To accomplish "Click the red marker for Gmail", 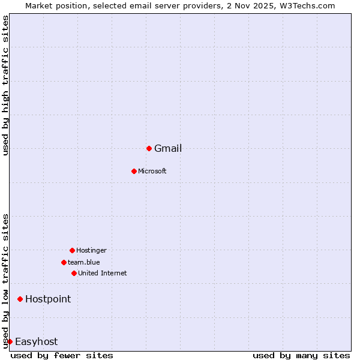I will [x=149, y=148].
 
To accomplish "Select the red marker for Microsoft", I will [x=134, y=171].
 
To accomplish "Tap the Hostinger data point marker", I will [x=72, y=250].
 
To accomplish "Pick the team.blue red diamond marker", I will [x=64, y=262].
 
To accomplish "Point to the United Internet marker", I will [x=74, y=273].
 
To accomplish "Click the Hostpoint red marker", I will [x=20, y=299].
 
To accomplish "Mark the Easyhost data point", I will [x=10, y=341].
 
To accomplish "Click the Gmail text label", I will [x=168, y=149].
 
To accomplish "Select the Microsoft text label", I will [x=152, y=172].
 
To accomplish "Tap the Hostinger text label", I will [x=91, y=251].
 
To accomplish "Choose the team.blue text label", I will [x=84, y=263].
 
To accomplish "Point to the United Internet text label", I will [x=103, y=274].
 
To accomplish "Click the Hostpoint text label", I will [x=48, y=299].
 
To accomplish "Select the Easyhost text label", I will [x=36, y=342].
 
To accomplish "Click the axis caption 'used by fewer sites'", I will [x=62, y=355].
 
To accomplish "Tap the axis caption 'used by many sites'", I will [x=301, y=355].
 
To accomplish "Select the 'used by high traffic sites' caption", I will [x=5, y=86].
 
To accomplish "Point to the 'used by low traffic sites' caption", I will [x=5, y=280].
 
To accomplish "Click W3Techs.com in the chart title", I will [x=310, y=5].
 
